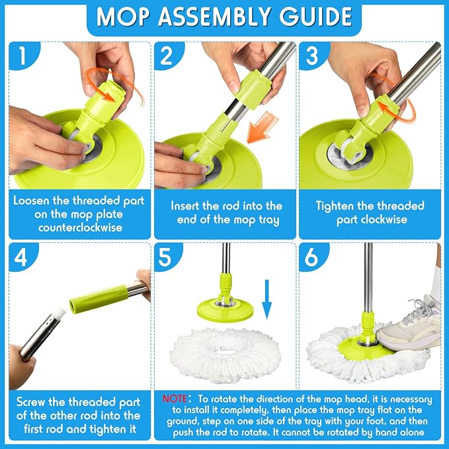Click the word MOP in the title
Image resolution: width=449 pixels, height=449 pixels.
point(122,17)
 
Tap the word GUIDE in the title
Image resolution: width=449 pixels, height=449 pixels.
point(315,17)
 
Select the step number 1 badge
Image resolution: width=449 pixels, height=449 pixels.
point(23,56)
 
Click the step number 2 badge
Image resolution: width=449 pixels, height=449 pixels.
point(167,56)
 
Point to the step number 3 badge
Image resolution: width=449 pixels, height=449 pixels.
point(312,56)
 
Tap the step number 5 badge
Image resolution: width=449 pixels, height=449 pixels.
point(166,257)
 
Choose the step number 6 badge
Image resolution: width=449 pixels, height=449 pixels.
point(311,257)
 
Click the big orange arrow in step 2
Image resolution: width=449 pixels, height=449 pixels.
point(262,128)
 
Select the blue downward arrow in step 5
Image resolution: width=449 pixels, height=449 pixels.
point(267,300)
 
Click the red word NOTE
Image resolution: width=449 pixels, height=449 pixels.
point(175,399)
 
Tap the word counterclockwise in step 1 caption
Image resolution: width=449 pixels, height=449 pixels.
point(80,227)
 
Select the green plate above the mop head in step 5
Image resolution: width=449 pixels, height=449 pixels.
point(225,308)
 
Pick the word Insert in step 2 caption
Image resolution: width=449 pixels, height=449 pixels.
point(185,206)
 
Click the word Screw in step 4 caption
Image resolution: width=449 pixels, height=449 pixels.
point(31,402)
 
